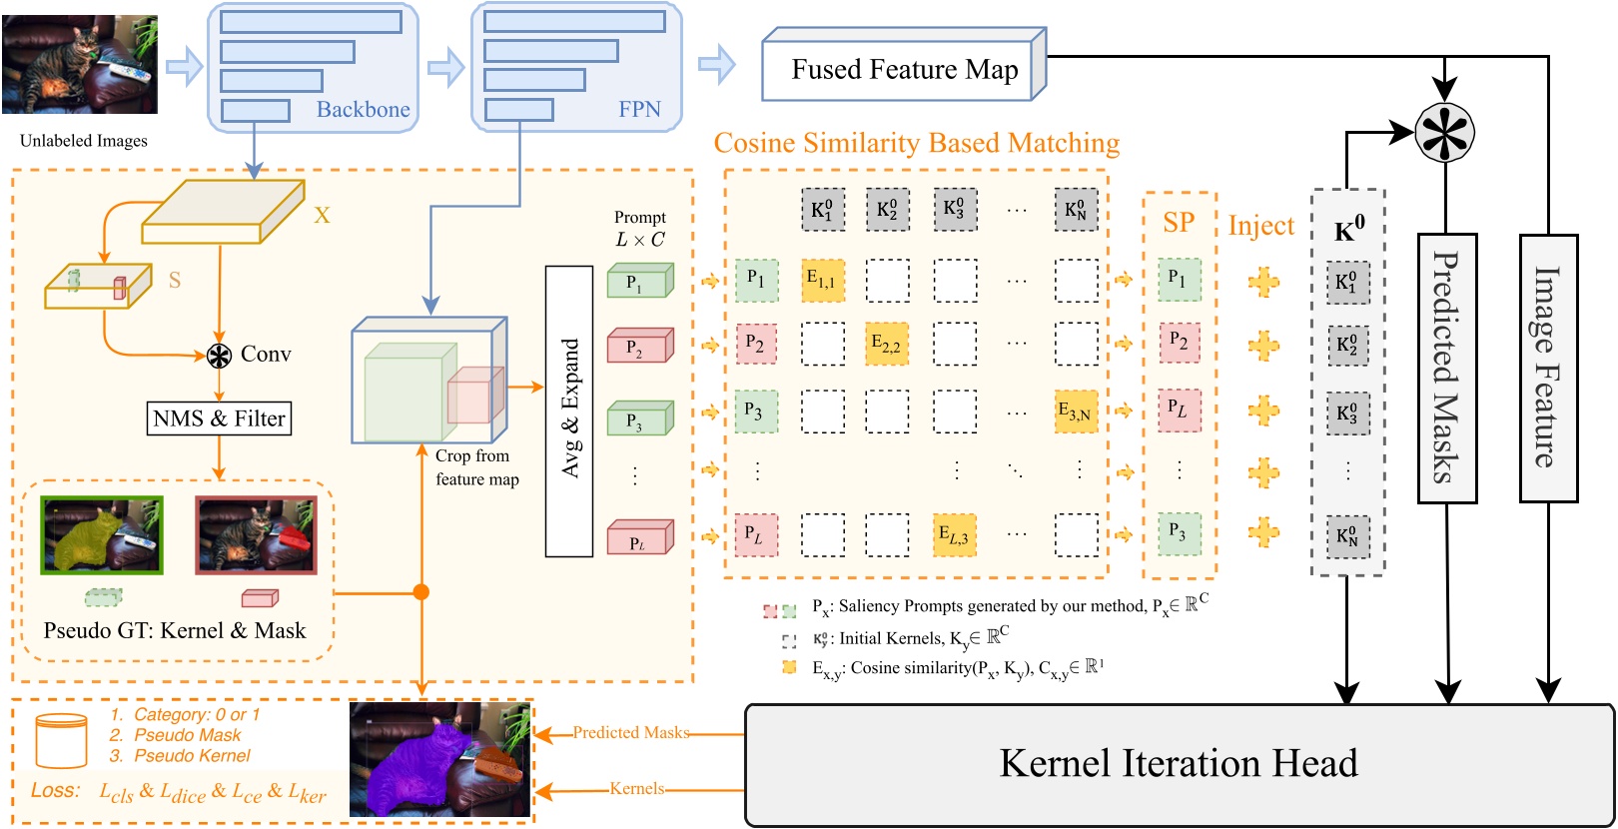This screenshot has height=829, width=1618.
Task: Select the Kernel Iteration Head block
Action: (1179, 764)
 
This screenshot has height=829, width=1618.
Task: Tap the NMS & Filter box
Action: (220, 418)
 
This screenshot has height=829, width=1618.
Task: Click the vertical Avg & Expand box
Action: (569, 410)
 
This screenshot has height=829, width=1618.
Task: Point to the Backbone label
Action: (363, 110)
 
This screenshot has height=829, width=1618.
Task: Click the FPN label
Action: (639, 110)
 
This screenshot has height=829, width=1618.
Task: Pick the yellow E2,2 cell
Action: (887, 344)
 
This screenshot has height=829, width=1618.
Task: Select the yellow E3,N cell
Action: (1076, 411)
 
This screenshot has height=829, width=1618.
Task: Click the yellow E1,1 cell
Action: (823, 281)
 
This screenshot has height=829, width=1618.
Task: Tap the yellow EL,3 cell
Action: (954, 535)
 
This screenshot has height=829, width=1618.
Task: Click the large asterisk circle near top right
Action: (1444, 132)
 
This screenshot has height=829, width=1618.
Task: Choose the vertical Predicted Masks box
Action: (1447, 368)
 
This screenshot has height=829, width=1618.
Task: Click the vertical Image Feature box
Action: (1547, 368)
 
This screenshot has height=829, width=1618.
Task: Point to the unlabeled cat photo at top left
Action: (80, 65)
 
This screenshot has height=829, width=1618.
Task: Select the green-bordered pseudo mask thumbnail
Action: (101, 535)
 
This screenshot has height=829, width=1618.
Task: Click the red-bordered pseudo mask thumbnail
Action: (257, 535)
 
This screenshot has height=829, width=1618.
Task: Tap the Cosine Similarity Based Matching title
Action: (916, 144)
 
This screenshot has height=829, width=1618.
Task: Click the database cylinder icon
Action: (61, 739)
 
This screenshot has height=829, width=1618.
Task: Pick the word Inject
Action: (1260, 226)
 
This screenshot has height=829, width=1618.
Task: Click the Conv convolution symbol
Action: (219, 355)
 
